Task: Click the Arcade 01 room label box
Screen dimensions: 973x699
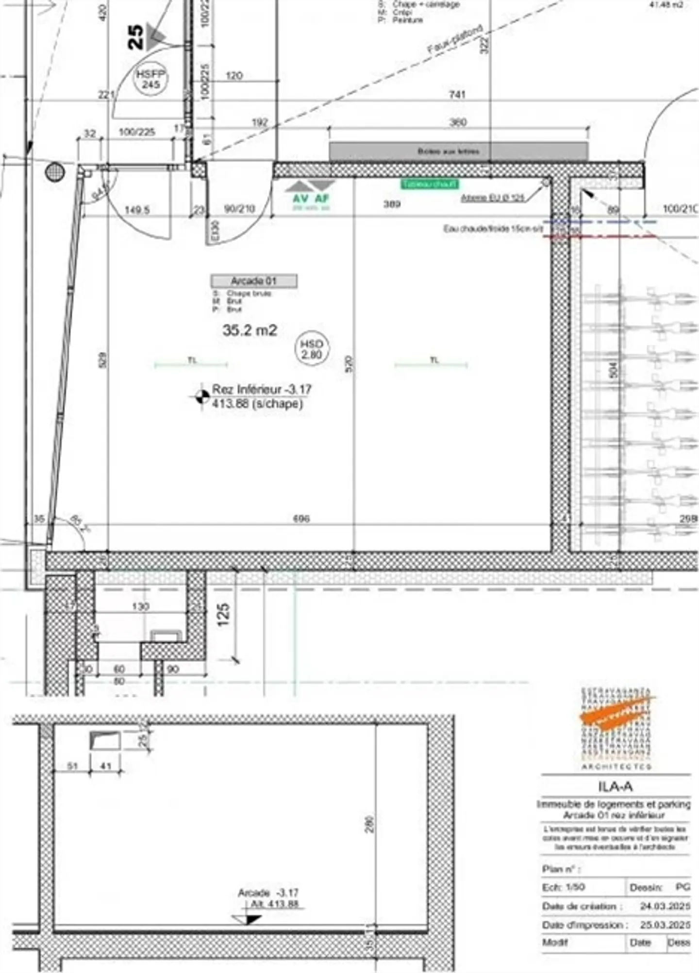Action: pyautogui.click(x=254, y=281)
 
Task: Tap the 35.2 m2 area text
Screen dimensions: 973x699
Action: pyautogui.click(x=250, y=330)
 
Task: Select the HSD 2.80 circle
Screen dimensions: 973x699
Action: pyautogui.click(x=311, y=349)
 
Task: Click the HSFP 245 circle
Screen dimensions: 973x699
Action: pyautogui.click(x=151, y=80)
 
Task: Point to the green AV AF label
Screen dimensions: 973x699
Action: pyautogui.click(x=311, y=198)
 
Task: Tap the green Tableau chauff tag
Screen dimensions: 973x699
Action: pyautogui.click(x=430, y=184)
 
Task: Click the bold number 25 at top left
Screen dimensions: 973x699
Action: pyautogui.click(x=135, y=37)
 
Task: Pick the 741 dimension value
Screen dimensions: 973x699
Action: pyautogui.click(x=457, y=95)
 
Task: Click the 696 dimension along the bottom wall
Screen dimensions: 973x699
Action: pyautogui.click(x=301, y=519)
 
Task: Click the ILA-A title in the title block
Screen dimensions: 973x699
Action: pyautogui.click(x=615, y=787)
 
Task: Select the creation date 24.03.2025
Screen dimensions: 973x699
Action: pyautogui.click(x=665, y=906)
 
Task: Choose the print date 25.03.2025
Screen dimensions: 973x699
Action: pyautogui.click(x=665, y=924)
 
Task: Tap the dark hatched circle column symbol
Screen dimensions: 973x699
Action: pyautogui.click(x=55, y=171)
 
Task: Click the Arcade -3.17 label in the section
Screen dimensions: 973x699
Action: pyautogui.click(x=268, y=893)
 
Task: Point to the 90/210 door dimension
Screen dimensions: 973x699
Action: pyautogui.click(x=240, y=209)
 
